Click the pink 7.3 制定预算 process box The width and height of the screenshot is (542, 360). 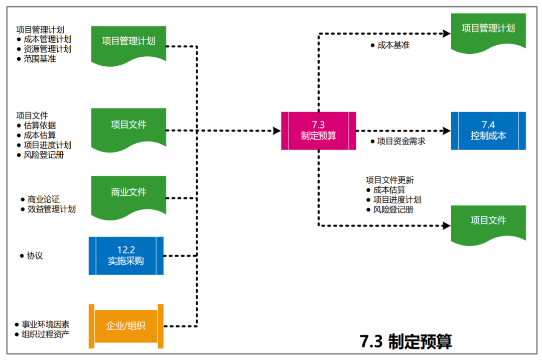click(319, 131)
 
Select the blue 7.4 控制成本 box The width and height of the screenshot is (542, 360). click(488, 131)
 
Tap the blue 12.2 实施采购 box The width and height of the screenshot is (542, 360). click(126, 256)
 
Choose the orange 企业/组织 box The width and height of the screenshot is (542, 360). click(126, 325)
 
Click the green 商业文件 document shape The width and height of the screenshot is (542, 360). click(129, 193)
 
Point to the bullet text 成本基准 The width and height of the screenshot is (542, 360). click(393, 45)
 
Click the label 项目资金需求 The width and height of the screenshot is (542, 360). click(401, 142)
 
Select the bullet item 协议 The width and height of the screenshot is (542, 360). click(35, 256)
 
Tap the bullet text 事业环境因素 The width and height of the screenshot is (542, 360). click(45, 324)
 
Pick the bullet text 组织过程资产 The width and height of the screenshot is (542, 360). click(45, 334)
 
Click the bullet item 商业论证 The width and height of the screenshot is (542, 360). click(44, 199)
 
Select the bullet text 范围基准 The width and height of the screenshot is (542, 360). click(40, 59)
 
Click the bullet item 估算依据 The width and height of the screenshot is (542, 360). click(40, 126)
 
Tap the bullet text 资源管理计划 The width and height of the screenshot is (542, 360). click(47, 49)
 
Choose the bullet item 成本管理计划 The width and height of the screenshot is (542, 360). click(47, 39)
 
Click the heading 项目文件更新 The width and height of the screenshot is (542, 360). click(390, 180)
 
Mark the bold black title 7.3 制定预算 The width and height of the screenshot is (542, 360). click(406, 341)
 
